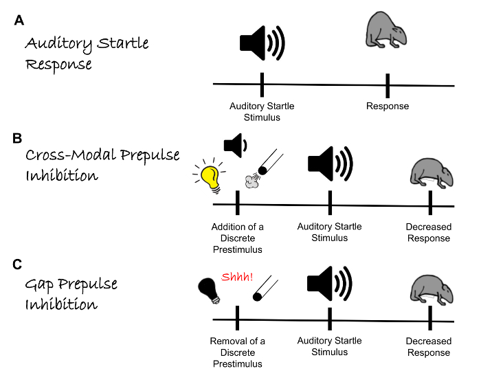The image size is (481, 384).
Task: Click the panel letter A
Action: (x=19, y=21)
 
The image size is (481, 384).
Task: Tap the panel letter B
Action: (x=18, y=138)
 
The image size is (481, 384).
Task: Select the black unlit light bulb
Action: (x=208, y=290)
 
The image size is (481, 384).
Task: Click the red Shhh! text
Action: (x=237, y=278)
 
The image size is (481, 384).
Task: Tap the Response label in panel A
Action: (x=387, y=106)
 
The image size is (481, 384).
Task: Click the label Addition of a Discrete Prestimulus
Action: (x=237, y=238)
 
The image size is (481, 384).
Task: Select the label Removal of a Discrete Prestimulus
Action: (x=237, y=352)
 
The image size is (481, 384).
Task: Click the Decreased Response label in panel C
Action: (x=428, y=347)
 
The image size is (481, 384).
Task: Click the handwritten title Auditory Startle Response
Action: (x=87, y=54)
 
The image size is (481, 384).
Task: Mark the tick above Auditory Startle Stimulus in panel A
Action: (x=262, y=84)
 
